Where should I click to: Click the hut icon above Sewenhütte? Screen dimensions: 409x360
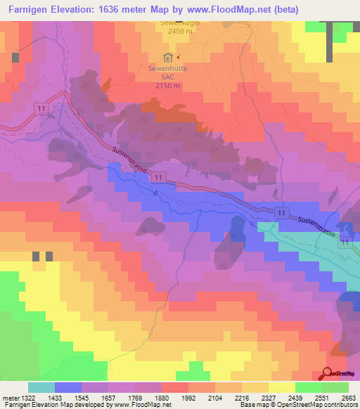tap(167, 57)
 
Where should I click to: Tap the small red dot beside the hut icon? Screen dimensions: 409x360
tap(179, 57)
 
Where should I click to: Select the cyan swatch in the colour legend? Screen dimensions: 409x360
tap(41, 387)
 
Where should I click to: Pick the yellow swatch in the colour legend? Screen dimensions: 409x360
tap(281, 387)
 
